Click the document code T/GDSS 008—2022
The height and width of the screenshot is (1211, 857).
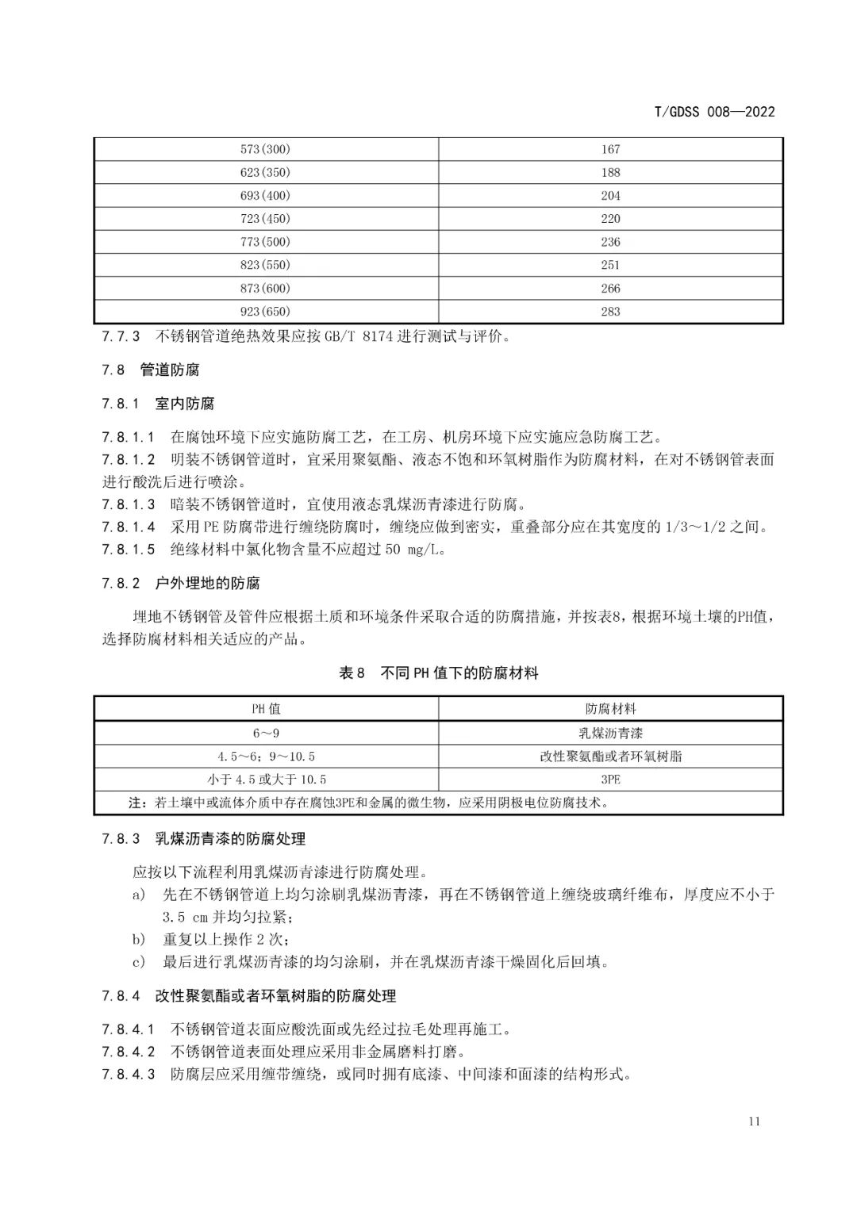point(713,112)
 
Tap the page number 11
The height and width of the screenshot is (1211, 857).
point(753,1121)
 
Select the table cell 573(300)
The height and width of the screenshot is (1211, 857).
point(265,149)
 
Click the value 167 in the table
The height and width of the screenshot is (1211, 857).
point(610,149)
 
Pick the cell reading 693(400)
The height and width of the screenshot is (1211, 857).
point(265,196)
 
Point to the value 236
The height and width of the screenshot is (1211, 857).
point(610,242)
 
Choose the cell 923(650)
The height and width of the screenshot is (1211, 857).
point(265,312)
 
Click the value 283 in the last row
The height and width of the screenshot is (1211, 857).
point(610,312)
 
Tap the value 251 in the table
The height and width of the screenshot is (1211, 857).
point(610,265)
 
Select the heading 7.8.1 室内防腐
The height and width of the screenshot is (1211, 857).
point(158,404)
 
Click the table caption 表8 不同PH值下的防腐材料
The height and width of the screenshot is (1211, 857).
point(439,673)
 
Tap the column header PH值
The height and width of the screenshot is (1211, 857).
point(266,709)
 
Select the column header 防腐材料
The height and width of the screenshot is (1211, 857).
point(610,709)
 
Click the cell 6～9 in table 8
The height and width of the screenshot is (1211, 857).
point(266,734)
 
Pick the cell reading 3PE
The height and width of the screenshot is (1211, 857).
point(610,780)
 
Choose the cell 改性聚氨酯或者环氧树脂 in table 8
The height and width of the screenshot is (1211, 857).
point(610,757)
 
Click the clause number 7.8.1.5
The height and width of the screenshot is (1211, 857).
point(129,550)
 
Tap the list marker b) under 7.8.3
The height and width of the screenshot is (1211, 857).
point(139,940)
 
